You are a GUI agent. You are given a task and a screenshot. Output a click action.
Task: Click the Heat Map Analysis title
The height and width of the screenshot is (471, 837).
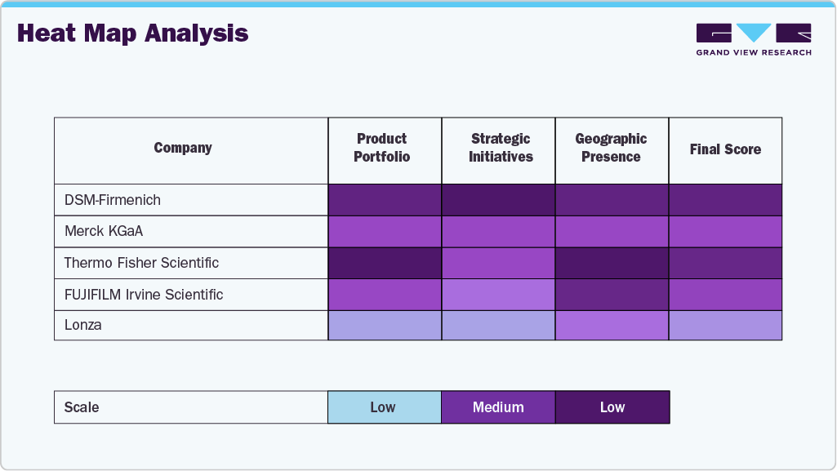click(132, 33)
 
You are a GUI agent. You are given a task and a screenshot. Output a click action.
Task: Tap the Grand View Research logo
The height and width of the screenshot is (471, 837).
click(753, 39)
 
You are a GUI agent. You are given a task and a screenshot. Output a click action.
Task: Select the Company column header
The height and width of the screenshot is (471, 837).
click(183, 148)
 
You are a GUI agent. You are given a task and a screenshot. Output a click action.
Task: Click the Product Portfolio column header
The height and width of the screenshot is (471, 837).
click(381, 148)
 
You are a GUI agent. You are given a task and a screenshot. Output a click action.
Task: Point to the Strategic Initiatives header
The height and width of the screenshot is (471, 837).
click(501, 148)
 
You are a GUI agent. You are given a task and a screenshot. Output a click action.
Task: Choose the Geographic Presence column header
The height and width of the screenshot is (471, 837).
click(611, 148)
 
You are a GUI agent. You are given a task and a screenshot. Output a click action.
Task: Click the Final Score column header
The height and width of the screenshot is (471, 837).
click(725, 149)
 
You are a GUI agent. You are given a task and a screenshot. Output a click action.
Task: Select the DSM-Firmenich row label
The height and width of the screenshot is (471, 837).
click(113, 200)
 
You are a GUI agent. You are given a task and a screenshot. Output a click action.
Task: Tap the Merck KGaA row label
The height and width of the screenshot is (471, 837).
click(104, 231)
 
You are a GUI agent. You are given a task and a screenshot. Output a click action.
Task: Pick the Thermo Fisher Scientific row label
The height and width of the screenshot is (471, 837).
click(141, 263)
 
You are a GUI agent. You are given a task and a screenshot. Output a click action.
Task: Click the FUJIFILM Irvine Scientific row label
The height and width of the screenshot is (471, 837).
click(144, 294)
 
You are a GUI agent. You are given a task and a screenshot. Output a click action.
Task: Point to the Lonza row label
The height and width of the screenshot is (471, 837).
click(83, 325)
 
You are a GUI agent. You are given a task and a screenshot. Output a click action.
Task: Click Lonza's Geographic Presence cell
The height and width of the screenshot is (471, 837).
click(612, 325)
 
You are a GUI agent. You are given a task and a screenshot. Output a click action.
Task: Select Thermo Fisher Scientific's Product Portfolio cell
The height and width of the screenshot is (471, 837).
click(385, 263)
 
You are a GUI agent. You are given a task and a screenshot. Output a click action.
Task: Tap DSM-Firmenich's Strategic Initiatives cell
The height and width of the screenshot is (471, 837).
click(498, 200)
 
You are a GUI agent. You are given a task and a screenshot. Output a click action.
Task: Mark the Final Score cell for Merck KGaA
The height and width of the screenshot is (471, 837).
click(725, 231)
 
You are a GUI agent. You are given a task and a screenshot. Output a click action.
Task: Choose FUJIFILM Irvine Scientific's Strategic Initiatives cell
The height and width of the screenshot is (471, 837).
click(498, 294)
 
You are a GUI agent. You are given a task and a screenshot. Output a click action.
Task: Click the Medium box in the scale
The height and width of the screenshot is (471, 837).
click(498, 407)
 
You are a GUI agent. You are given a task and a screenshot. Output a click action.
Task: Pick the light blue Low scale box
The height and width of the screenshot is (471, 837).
click(384, 407)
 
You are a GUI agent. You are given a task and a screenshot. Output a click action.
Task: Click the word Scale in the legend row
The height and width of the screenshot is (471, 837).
click(82, 407)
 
